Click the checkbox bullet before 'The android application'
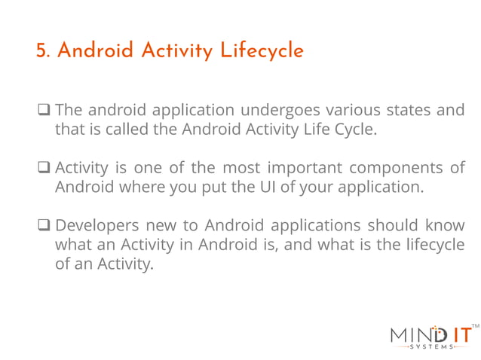44,111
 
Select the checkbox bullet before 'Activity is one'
44,168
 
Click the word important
299,167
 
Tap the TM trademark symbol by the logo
474,325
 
